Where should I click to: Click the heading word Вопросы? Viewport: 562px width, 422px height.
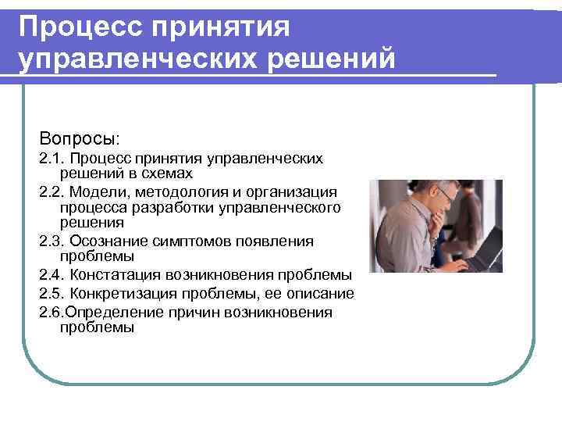point(79,138)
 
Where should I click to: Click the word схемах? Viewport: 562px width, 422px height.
point(164,173)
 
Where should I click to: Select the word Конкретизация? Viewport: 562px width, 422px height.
point(123,294)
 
